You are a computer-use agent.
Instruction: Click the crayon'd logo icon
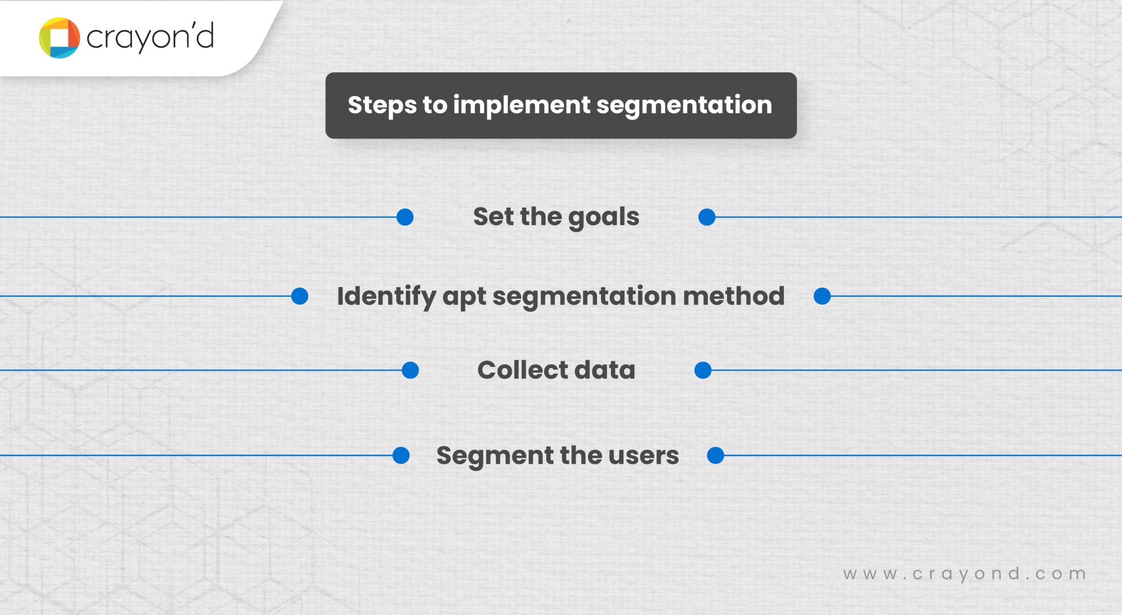(x=59, y=38)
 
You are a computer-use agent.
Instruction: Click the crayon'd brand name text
(x=150, y=37)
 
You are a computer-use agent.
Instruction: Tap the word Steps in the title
(x=382, y=105)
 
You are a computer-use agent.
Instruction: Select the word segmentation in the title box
(x=684, y=105)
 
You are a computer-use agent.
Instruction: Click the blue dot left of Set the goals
(x=405, y=217)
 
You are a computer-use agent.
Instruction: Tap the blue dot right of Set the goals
(x=707, y=217)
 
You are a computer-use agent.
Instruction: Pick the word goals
(x=603, y=217)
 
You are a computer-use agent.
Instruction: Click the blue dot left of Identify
(x=300, y=296)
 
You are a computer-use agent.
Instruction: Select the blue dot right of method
(x=822, y=296)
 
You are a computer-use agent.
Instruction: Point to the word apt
(x=464, y=297)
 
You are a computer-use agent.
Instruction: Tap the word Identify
(x=386, y=297)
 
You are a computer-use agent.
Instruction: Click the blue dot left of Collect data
(x=410, y=370)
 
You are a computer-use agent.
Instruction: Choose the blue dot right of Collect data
(x=702, y=370)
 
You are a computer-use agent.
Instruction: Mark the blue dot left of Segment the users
(x=401, y=455)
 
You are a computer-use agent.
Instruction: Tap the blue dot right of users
(x=715, y=455)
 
